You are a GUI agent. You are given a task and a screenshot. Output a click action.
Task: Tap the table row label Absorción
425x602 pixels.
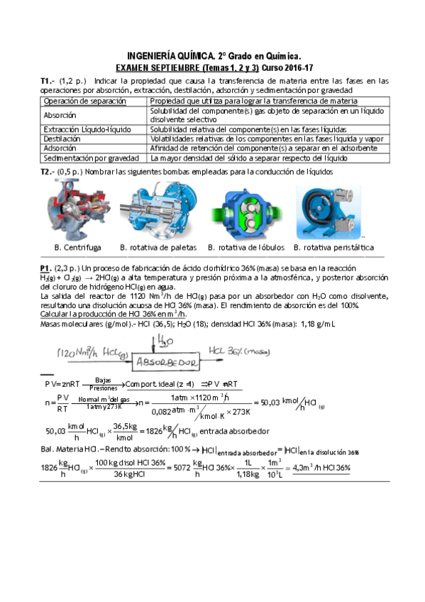point(64,115)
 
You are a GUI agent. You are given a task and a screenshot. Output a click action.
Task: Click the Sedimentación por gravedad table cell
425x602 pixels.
point(92,158)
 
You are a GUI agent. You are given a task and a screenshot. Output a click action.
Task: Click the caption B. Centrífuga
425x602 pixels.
point(77,248)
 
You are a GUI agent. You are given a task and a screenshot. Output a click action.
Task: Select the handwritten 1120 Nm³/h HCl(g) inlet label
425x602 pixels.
point(92,353)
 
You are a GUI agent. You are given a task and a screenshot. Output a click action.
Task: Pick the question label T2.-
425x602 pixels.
point(50,171)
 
